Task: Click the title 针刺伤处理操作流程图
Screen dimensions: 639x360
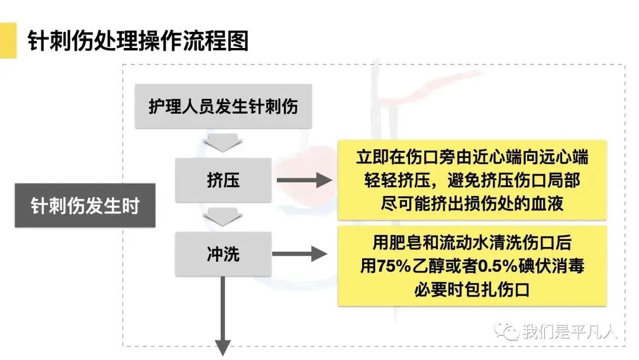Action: [x=138, y=41]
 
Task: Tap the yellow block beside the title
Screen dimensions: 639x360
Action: [x=8, y=40]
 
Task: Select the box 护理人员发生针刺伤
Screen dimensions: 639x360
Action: [x=223, y=107]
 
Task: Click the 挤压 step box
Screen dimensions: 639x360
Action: [x=223, y=180]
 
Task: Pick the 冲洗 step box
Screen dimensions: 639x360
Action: [x=223, y=254]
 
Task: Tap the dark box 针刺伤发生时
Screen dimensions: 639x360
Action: [x=85, y=205]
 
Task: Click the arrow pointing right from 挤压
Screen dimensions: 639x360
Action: [x=305, y=180]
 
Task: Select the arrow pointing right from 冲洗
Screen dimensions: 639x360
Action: [x=299, y=254]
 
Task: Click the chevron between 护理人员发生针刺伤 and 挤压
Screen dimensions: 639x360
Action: [x=222, y=142]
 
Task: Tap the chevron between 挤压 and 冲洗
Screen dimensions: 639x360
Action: [x=222, y=217]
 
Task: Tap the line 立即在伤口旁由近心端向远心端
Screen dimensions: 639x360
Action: [x=472, y=157]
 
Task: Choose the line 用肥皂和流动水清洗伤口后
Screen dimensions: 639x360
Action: [x=472, y=243]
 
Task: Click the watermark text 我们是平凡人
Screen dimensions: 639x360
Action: [x=569, y=332]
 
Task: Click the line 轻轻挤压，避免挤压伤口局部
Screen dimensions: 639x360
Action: [x=472, y=180]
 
